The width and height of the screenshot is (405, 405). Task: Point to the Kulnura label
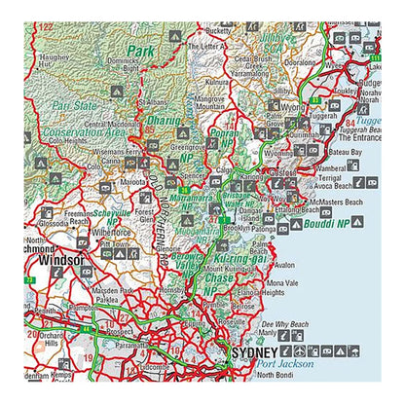217,83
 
